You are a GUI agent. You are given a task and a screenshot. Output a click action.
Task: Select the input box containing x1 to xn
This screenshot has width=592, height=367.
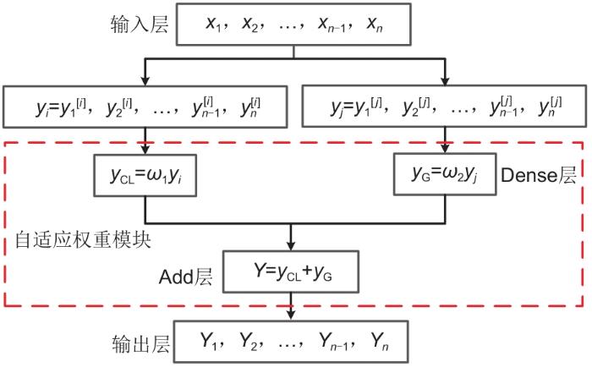[x=293, y=24]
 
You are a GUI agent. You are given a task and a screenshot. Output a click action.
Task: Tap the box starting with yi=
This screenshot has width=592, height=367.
[x=147, y=106]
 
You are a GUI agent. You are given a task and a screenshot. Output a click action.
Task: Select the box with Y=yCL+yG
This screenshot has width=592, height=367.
[x=293, y=273]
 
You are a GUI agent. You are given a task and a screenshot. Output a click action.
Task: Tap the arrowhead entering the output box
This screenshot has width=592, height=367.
[x=293, y=316]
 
